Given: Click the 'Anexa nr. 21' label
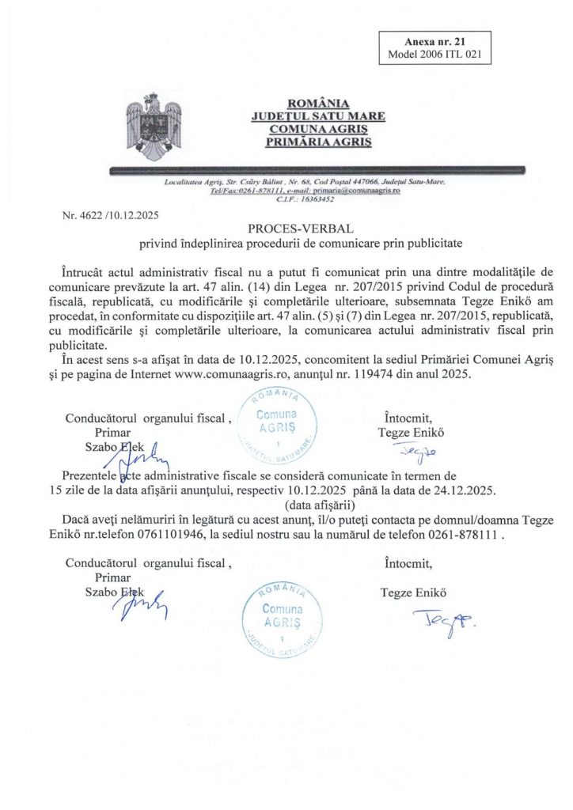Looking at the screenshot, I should click(436, 41).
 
